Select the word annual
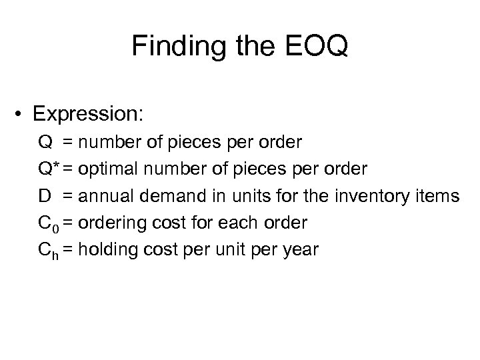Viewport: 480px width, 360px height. (102, 196)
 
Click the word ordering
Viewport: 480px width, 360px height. (110, 223)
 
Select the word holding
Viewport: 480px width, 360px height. (106, 251)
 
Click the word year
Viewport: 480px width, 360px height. (302, 251)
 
